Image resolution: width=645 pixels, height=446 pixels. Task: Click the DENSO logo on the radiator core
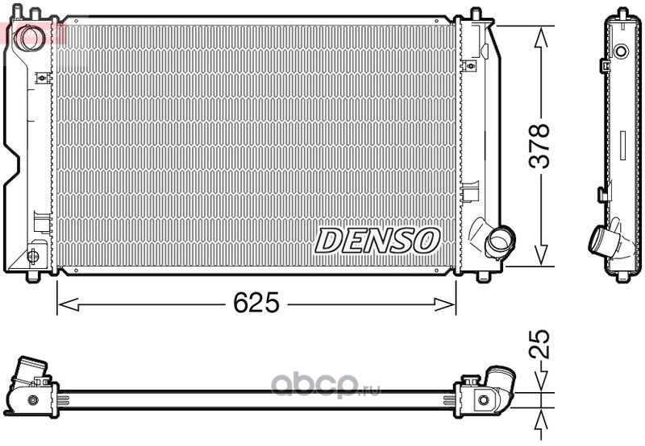[377, 239]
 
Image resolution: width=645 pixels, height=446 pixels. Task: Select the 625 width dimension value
[256, 304]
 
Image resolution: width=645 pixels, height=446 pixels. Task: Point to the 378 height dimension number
[539, 146]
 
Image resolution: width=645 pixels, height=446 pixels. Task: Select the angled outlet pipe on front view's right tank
[498, 240]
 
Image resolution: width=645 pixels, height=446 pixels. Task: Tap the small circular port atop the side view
[621, 52]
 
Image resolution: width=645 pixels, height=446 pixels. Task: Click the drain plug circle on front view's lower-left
[32, 256]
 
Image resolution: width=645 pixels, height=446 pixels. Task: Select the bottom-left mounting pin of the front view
[32, 275]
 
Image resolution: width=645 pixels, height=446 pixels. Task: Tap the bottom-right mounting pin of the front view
[483, 275]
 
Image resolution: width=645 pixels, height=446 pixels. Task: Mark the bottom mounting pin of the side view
[622, 278]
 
